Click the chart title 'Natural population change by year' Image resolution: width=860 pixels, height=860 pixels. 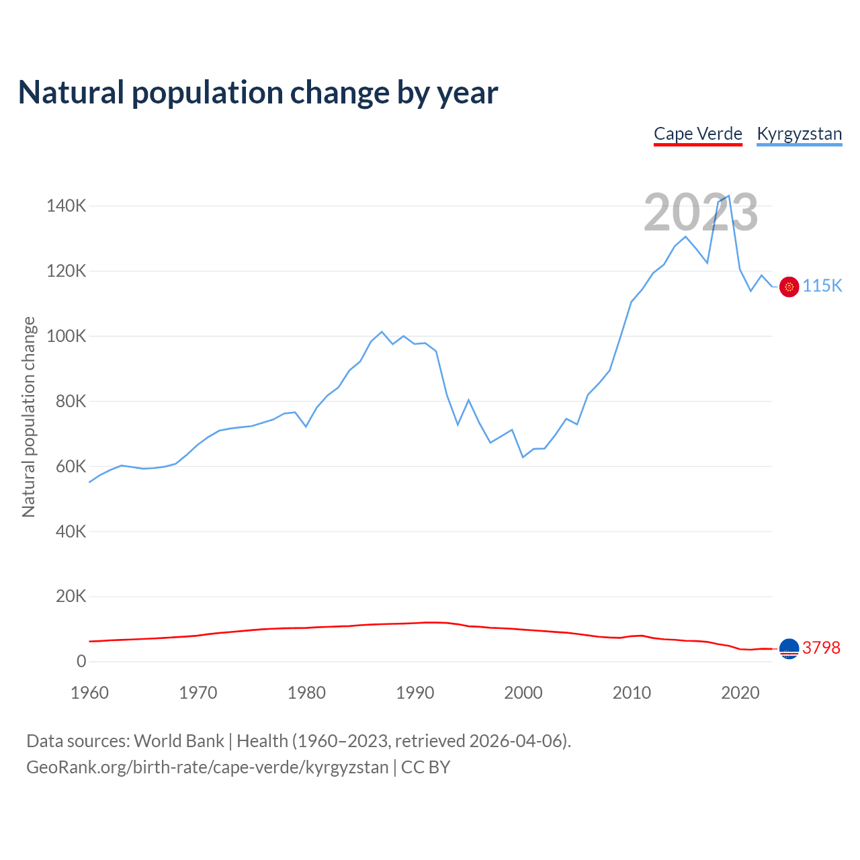pos(258,93)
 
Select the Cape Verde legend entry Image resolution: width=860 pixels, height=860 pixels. pos(698,134)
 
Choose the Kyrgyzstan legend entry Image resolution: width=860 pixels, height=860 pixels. pos(799,134)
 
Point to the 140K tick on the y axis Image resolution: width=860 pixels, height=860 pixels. pos(67,206)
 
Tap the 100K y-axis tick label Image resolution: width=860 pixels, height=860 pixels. pos(67,336)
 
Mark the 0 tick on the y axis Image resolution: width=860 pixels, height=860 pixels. pos(81,661)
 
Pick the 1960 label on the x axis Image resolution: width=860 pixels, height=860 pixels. pos(89,693)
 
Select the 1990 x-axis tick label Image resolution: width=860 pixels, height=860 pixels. pos(415,693)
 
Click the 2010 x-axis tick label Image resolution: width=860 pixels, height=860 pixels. pos(632,693)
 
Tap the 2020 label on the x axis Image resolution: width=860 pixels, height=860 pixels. pos(740,693)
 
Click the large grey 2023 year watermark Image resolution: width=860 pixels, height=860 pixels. pos(701,212)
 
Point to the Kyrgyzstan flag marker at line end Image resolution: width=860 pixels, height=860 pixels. pos(789,287)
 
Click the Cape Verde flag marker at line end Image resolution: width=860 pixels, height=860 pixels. pos(789,648)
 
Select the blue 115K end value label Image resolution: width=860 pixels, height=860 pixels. pos(822,286)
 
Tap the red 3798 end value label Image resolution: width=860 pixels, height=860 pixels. pos(821,648)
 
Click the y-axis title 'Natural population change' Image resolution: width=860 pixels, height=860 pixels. pos(28,417)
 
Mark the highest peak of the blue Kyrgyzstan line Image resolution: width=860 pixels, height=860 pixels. pos(729,196)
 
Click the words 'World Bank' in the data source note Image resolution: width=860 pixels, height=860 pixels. pos(179,741)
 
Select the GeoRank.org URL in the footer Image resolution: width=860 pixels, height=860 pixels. pos(207,767)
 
